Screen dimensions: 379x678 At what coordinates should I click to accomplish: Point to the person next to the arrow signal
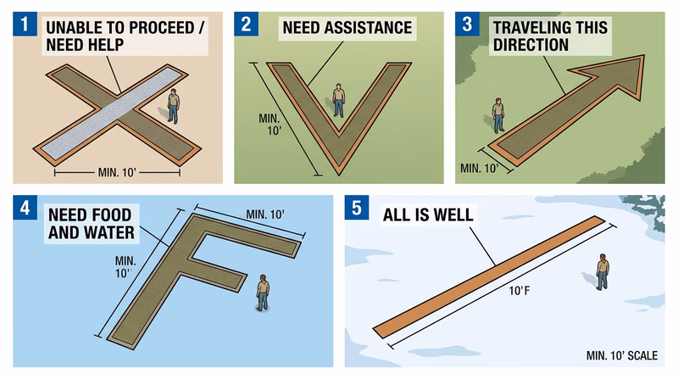(498, 115)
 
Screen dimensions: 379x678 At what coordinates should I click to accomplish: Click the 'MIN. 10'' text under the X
(117, 173)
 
